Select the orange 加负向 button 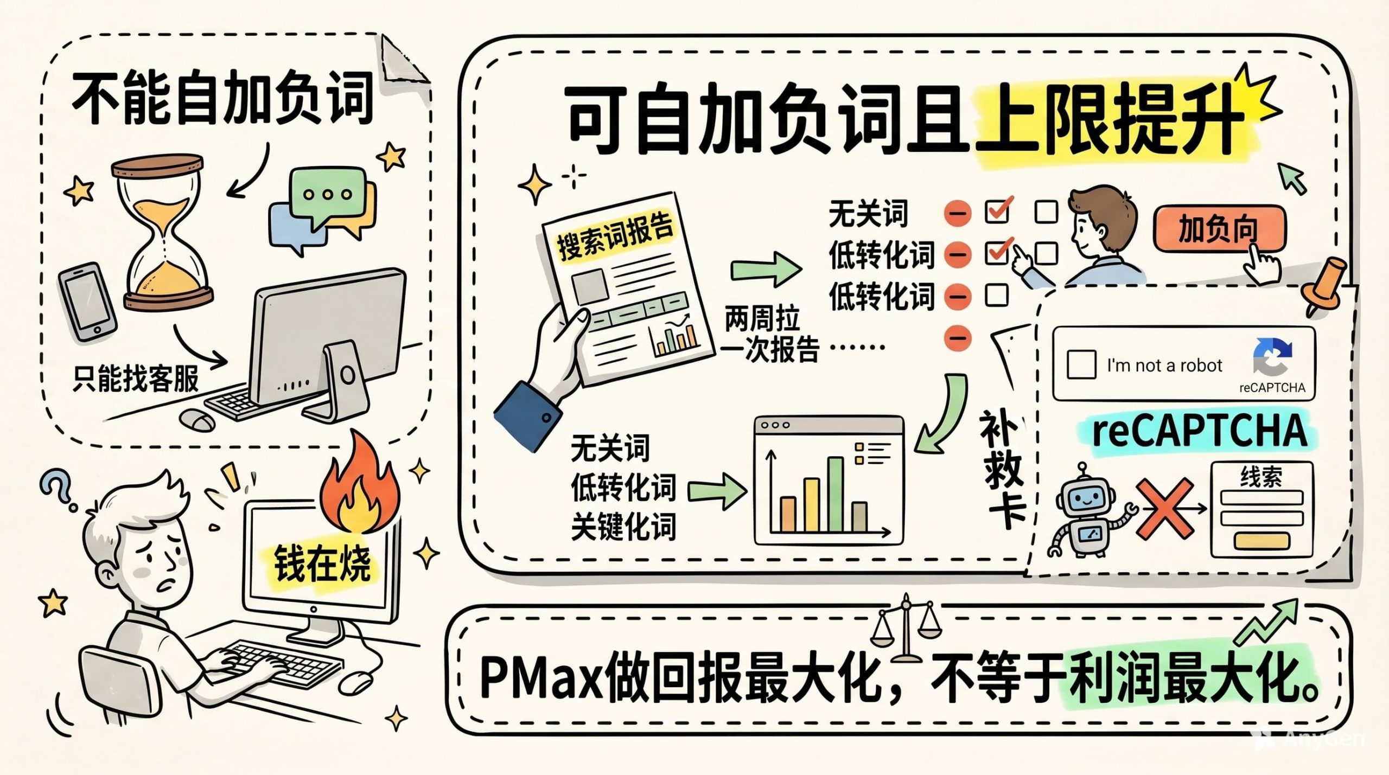(1219, 229)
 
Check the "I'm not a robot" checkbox (1081, 364)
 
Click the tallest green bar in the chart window (835, 494)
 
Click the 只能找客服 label (136, 378)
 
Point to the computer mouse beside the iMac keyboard (196, 419)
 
